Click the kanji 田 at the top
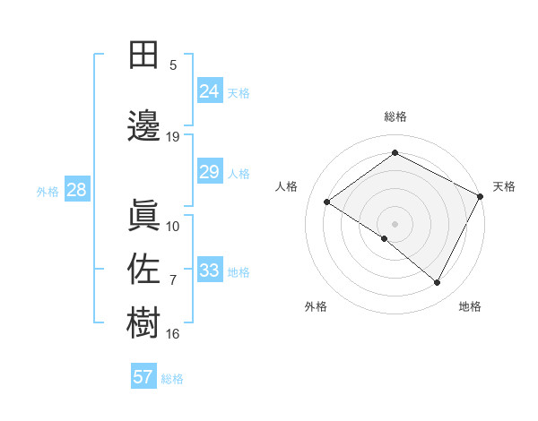coord(143,55)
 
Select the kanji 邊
coord(143,125)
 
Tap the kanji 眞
coord(143,214)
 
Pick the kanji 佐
coord(143,269)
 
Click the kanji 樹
coord(143,322)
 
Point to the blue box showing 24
coord(209,91)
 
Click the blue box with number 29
coord(209,172)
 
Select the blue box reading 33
coord(209,271)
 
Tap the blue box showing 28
coord(76,190)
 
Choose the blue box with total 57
coord(143,377)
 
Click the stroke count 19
coord(173,137)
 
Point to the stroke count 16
coord(173,334)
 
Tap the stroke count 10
coord(173,226)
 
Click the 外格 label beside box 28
coord(48,191)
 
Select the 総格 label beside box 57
coord(172,379)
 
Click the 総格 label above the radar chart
coord(395,117)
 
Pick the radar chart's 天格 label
coord(504,186)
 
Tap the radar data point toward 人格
coord(327,202)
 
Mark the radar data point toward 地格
coord(438,283)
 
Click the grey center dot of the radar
coord(395,223)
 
